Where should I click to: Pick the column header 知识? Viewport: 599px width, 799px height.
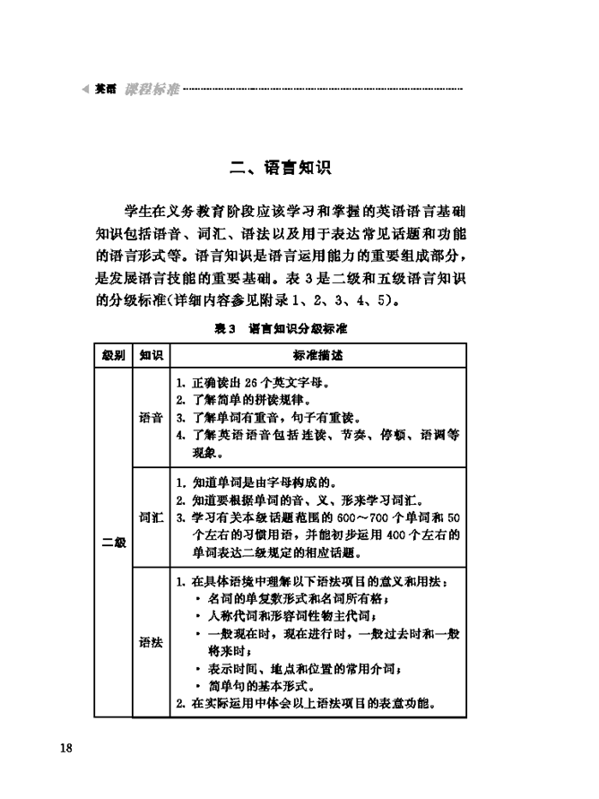[x=150, y=355]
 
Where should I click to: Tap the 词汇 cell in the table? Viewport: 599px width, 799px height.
[x=150, y=518]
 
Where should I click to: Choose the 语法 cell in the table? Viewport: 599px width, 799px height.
[x=150, y=642]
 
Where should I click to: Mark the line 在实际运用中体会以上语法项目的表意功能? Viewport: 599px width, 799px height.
[x=306, y=704]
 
